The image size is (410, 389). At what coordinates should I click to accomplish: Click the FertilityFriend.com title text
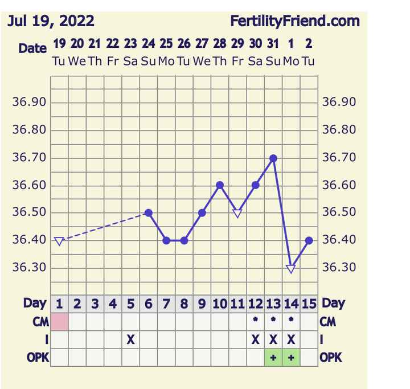point(295,22)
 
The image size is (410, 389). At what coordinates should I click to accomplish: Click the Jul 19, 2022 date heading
point(51,22)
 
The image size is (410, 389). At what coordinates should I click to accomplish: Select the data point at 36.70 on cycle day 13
point(273,158)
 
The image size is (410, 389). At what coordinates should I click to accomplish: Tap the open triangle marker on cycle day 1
point(59,241)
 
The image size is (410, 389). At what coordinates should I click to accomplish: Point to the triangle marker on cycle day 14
point(291,268)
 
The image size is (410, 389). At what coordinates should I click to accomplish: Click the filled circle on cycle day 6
point(149,213)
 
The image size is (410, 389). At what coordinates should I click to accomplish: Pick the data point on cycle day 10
point(220,185)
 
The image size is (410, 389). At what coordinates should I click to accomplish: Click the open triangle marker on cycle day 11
point(237,213)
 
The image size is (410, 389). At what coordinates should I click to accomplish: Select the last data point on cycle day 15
point(309,240)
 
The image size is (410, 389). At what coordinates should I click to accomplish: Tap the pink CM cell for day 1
point(59,321)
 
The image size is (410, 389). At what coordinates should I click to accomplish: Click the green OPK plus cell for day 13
point(273,358)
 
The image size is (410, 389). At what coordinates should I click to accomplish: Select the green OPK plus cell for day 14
point(291,358)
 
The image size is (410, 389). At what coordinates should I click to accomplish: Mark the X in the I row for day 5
point(130,339)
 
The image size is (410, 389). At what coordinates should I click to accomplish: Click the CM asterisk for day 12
point(255,321)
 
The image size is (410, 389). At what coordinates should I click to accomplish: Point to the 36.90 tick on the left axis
point(29,103)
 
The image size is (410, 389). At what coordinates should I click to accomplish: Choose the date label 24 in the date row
point(148,44)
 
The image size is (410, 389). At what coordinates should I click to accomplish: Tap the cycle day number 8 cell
point(184,304)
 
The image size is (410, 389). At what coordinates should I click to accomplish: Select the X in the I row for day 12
point(255,339)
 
